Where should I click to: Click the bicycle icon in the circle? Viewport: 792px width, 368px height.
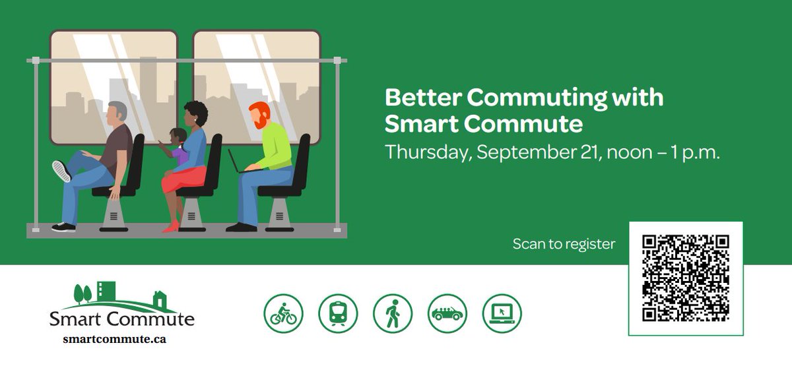pos(284,313)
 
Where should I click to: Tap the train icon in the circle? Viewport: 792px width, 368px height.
pos(338,313)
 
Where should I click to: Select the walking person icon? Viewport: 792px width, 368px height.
pos(393,313)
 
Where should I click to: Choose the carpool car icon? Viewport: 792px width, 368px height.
pos(447,313)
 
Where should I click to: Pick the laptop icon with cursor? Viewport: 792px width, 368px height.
pos(502,313)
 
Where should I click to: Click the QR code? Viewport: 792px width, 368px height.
pos(686,278)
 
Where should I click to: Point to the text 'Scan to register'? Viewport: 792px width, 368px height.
pos(564,244)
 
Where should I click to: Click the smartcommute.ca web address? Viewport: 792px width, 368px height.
pos(114,340)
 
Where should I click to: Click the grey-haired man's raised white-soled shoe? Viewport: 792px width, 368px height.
pos(61,171)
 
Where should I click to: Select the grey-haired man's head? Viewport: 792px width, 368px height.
pos(117,115)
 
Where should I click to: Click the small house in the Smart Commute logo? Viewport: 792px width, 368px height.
pos(160,300)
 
